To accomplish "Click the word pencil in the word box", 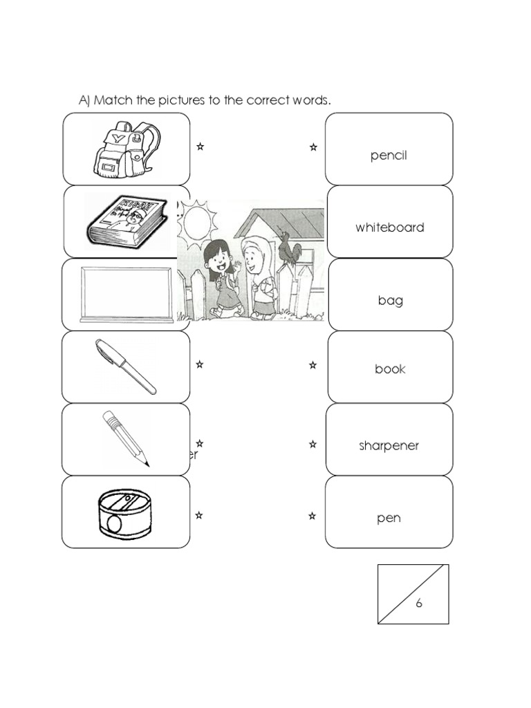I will [x=389, y=156].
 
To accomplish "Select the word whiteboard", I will [x=390, y=227].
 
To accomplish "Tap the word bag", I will [x=390, y=301].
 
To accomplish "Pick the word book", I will [x=390, y=369].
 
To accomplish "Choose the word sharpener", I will [x=389, y=446].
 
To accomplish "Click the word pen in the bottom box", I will [x=389, y=518].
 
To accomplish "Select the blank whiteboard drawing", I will [x=127, y=294].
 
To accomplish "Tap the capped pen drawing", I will [x=127, y=367].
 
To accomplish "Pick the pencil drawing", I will [x=127, y=438].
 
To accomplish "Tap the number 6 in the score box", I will [x=418, y=603].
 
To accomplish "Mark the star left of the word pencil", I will [x=313, y=147].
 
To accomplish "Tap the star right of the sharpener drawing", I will [x=199, y=515].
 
